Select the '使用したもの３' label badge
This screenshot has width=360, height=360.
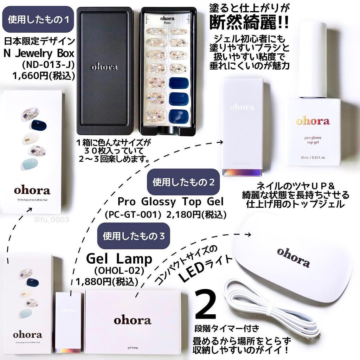(133, 236)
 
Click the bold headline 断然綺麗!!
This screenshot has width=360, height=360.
(249, 23)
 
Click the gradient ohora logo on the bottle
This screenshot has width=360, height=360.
(313, 121)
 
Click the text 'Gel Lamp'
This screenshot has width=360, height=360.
(119, 259)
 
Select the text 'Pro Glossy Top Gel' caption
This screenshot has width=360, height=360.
(171, 202)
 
